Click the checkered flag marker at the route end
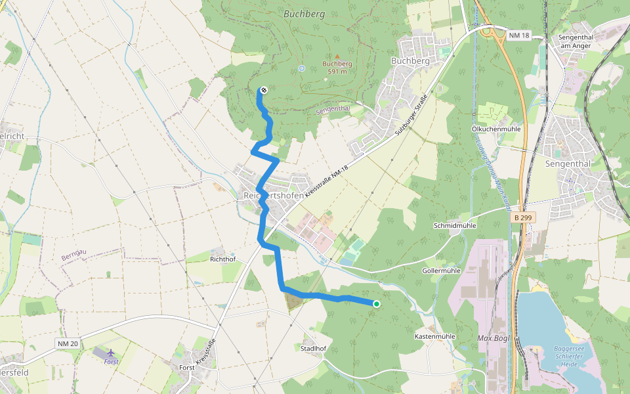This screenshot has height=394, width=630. (x=263, y=90)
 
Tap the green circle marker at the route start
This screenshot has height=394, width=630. (x=377, y=303)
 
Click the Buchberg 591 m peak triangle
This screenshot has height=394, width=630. (x=337, y=56)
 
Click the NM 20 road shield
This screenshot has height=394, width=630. (x=67, y=343)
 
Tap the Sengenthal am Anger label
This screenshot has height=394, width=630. (x=576, y=41)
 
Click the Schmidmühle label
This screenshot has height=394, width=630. (x=453, y=225)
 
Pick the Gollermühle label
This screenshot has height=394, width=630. (x=442, y=271)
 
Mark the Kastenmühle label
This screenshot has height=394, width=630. (x=435, y=336)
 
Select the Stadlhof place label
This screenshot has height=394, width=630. (x=313, y=348)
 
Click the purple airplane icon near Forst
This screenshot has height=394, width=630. (x=109, y=353)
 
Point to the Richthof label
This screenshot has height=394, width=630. (x=222, y=259)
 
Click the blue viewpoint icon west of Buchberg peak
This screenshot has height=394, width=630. (x=301, y=68)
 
